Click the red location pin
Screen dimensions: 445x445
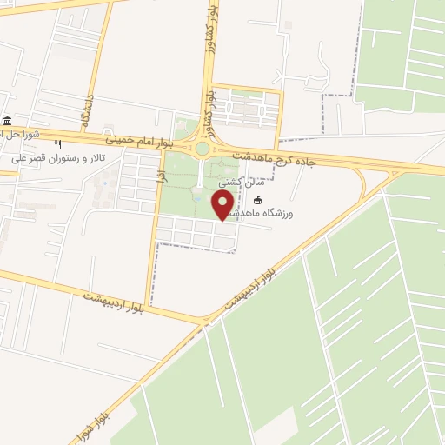click(x=223, y=206)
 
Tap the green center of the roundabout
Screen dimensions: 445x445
click(x=203, y=149)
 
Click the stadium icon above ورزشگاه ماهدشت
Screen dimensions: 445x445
click(x=256, y=201)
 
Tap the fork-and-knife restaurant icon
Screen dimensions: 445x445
click(x=58, y=145)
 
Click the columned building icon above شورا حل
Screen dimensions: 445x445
click(x=8, y=121)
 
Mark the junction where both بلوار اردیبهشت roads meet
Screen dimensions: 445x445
click(x=205, y=322)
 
